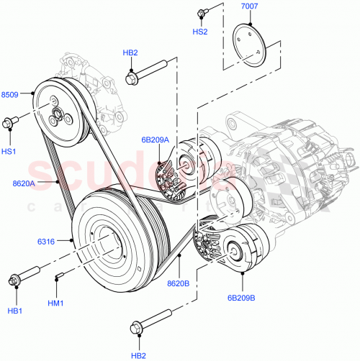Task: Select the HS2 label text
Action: pyautogui.click(x=201, y=32)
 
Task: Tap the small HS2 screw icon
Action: pyautogui.click(x=202, y=12)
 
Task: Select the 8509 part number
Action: pyautogui.click(x=11, y=93)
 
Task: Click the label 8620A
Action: pyautogui.click(x=22, y=183)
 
